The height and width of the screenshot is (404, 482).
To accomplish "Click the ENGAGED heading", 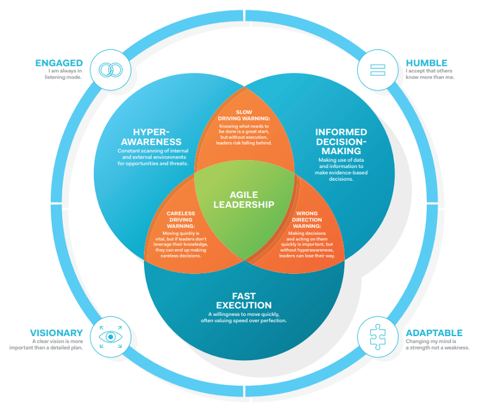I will click(59, 63).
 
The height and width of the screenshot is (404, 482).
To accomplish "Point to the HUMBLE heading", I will click(426, 63).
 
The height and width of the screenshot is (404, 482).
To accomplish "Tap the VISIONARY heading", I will click(56, 333).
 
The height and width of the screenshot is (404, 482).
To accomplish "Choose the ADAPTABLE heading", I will click(434, 333).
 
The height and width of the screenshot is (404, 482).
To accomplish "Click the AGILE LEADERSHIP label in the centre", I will click(244, 199).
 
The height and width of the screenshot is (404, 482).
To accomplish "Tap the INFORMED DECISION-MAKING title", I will click(341, 141).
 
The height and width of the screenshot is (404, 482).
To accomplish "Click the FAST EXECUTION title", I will click(244, 300).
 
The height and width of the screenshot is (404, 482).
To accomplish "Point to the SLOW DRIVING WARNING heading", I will click(244, 115).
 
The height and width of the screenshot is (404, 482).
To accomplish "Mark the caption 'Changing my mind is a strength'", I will click(438, 346).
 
